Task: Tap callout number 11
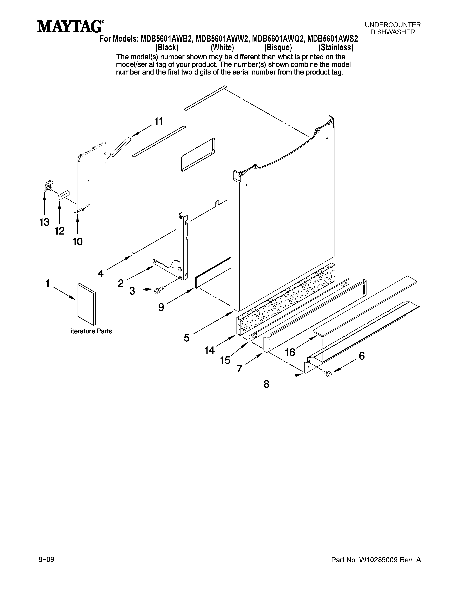(159, 121)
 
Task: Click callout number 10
(78, 241)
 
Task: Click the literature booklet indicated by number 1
(86, 304)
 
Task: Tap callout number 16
(290, 352)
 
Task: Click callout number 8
(266, 384)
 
